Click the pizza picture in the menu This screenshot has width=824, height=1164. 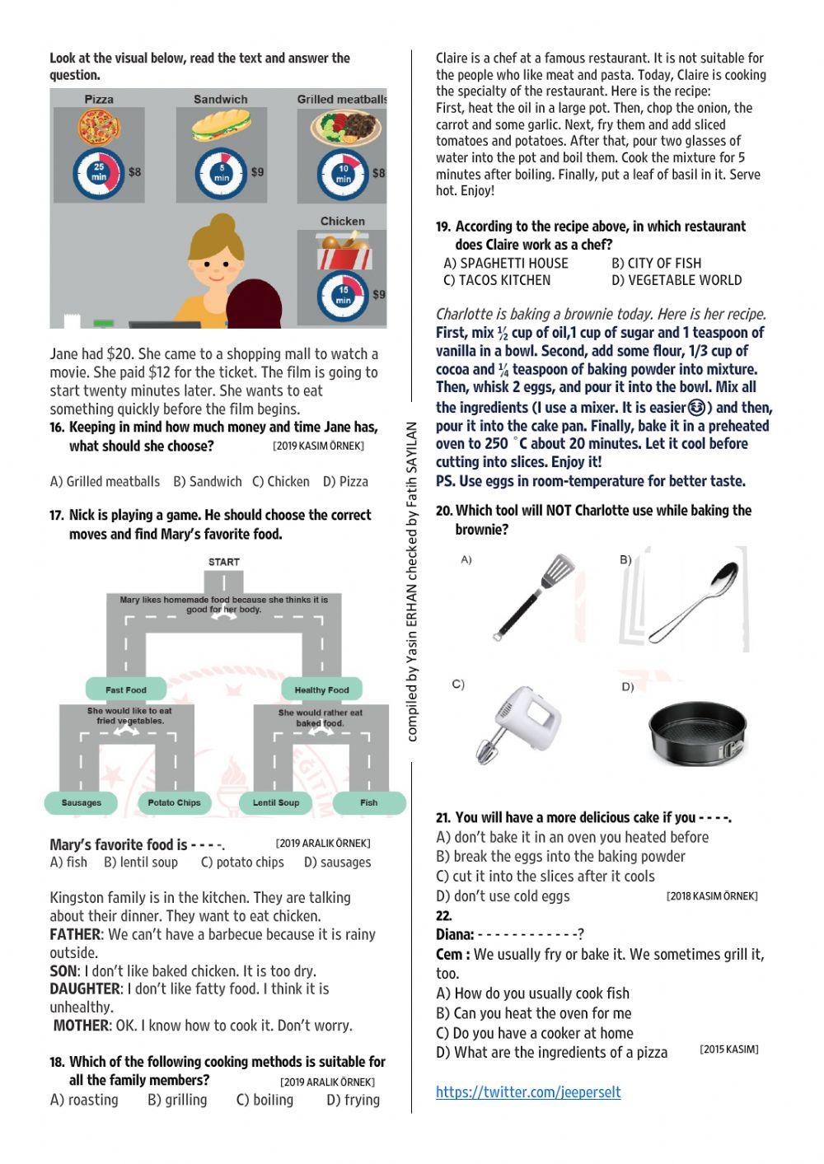click(x=100, y=127)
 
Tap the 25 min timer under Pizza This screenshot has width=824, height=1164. click(x=99, y=174)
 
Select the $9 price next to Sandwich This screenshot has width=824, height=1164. click(x=258, y=172)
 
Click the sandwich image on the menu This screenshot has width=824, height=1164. click(x=220, y=128)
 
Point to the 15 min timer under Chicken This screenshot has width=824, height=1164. click(x=343, y=295)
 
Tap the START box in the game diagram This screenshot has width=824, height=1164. click(x=224, y=562)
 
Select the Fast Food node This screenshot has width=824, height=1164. click(x=126, y=690)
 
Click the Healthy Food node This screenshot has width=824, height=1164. click(x=321, y=690)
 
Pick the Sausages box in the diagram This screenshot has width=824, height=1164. click(x=82, y=802)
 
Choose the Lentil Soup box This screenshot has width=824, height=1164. click(x=276, y=802)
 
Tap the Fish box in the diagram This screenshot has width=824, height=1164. click(x=369, y=802)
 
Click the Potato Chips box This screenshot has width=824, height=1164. click(x=174, y=802)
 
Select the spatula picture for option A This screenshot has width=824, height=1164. click(x=534, y=596)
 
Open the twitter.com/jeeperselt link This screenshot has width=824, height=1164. click(x=528, y=1092)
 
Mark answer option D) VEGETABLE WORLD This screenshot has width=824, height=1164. click(x=677, y=280)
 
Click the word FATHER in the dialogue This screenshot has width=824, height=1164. click(x=75, y=934)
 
